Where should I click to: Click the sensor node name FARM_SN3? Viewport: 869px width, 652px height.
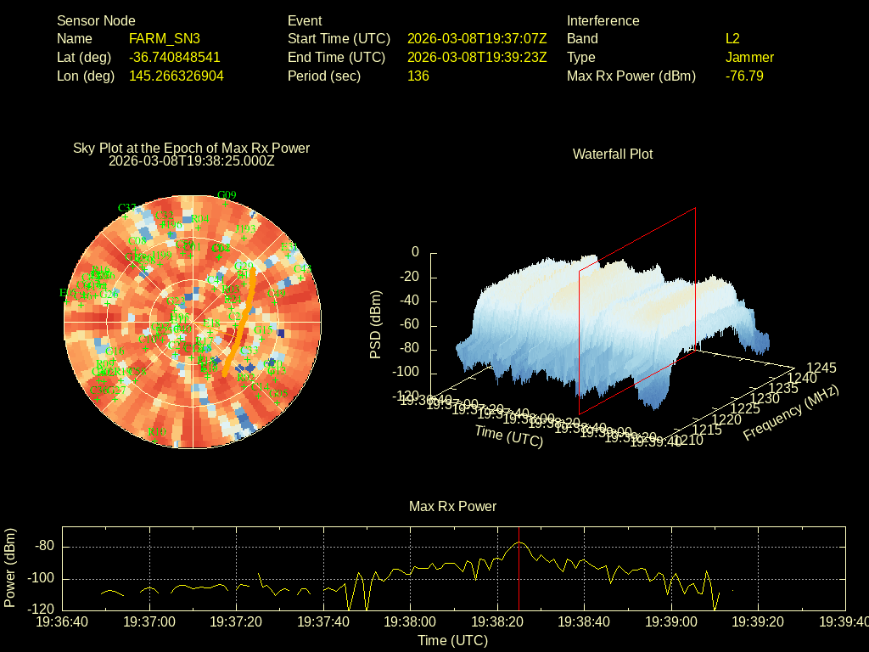(165, 39)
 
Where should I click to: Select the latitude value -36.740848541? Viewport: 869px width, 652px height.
(175, 58)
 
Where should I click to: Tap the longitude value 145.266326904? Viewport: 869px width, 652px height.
(177, 76)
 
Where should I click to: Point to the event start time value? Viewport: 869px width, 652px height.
(477, 39)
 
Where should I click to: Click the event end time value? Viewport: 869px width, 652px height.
(477, 58)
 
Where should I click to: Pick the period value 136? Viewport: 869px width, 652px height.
(418, 76)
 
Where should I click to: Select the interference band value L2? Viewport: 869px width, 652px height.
(732, 39)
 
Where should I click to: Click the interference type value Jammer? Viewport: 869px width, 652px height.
(749, 58)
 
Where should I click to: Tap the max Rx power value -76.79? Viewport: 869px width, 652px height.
(744, 76)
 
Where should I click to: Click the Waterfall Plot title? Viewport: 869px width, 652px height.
(613, 155)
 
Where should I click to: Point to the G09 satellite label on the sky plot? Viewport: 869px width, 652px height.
(227, 195)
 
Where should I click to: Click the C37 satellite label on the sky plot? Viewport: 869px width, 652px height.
(127, 208)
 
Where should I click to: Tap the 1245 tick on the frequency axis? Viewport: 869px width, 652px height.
(821, 368)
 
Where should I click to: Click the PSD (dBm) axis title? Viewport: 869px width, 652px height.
(375, 323)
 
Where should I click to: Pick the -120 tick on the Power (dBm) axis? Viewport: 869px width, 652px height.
(44, 610)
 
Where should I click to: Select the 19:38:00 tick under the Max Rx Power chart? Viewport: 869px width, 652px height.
(411, 622)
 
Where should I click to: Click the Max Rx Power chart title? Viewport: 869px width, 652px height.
(452, 507)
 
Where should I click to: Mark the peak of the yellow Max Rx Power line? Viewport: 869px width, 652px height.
(519, 542)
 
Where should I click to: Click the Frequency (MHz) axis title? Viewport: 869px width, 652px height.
(791, 413)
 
